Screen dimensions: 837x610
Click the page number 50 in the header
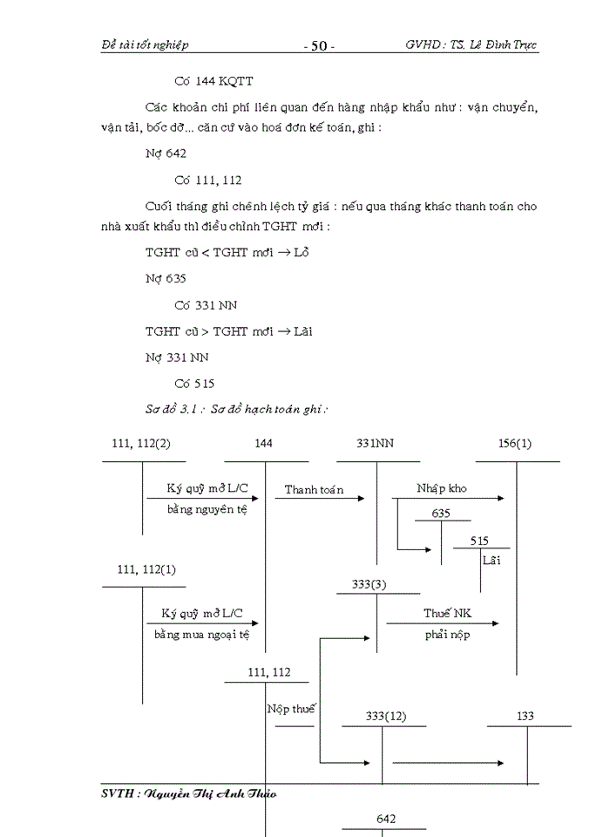(318, 45)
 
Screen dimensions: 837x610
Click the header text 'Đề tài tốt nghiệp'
(145, 44)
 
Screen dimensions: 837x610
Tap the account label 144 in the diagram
(264, 444)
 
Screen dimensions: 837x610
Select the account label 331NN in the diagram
(376, 444)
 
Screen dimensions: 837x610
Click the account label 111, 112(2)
(141, 444)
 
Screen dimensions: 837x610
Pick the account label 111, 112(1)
(146, 569)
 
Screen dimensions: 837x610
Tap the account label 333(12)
(385, 717)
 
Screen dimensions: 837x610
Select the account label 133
(525, 717)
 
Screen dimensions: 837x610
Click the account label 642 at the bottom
(386, 819)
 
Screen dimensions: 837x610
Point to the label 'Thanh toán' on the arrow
(314, 490)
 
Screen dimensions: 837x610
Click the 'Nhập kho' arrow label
(441, 488)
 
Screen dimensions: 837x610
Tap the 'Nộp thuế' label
(290, 709)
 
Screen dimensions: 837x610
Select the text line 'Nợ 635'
(165, 279)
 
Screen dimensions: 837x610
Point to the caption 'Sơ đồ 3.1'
(173, 408)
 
